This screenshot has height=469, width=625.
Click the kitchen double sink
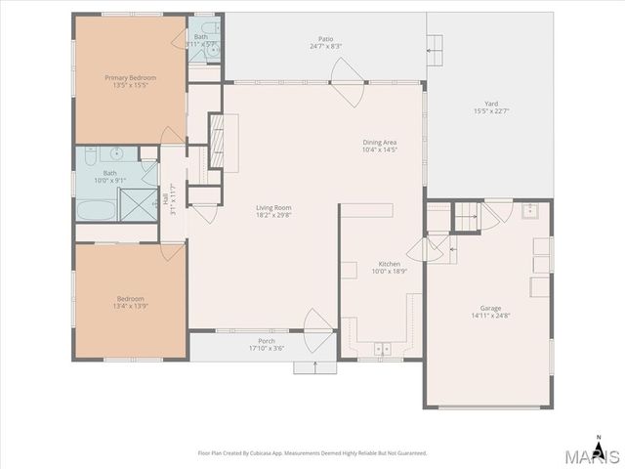click(382, 349)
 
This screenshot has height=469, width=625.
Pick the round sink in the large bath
click(116, 153)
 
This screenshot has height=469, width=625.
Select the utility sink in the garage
click(531, 210)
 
